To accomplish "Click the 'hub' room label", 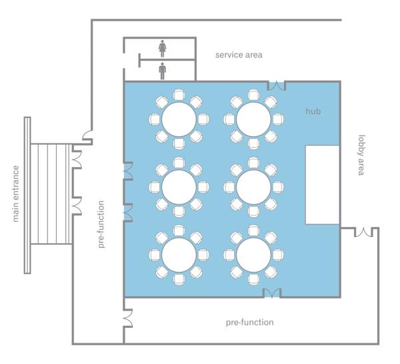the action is [x=313, y=111].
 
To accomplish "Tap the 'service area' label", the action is [x=239, y=55].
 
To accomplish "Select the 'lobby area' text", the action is [x=361, y=155].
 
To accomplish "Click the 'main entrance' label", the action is [x=15, y=194].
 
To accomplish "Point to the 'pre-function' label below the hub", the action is [x=250, y=323].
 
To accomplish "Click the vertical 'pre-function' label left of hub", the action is [x=101, y=224].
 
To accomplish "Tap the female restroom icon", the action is [x=163, y=49].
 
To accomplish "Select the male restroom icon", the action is [x=162, y=71].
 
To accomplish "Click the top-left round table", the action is [x=179, y=120].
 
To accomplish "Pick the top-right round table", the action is [x=253, y=120].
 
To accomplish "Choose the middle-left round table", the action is [x=179, y=187].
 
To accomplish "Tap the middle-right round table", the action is [x=253, y=187].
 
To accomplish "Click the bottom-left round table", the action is [x=179, y=255].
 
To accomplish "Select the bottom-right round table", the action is [x=253, y=255].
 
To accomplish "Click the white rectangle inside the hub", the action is [x=323, y=185].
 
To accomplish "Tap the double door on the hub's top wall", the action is [x=277, y=85].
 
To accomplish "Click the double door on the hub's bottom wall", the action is [x=272, y=293].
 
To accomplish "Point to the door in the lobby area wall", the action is [x=363, y=232].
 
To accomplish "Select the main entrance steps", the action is [x=51, y=194].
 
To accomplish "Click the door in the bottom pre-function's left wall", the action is [x=128, y=318].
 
